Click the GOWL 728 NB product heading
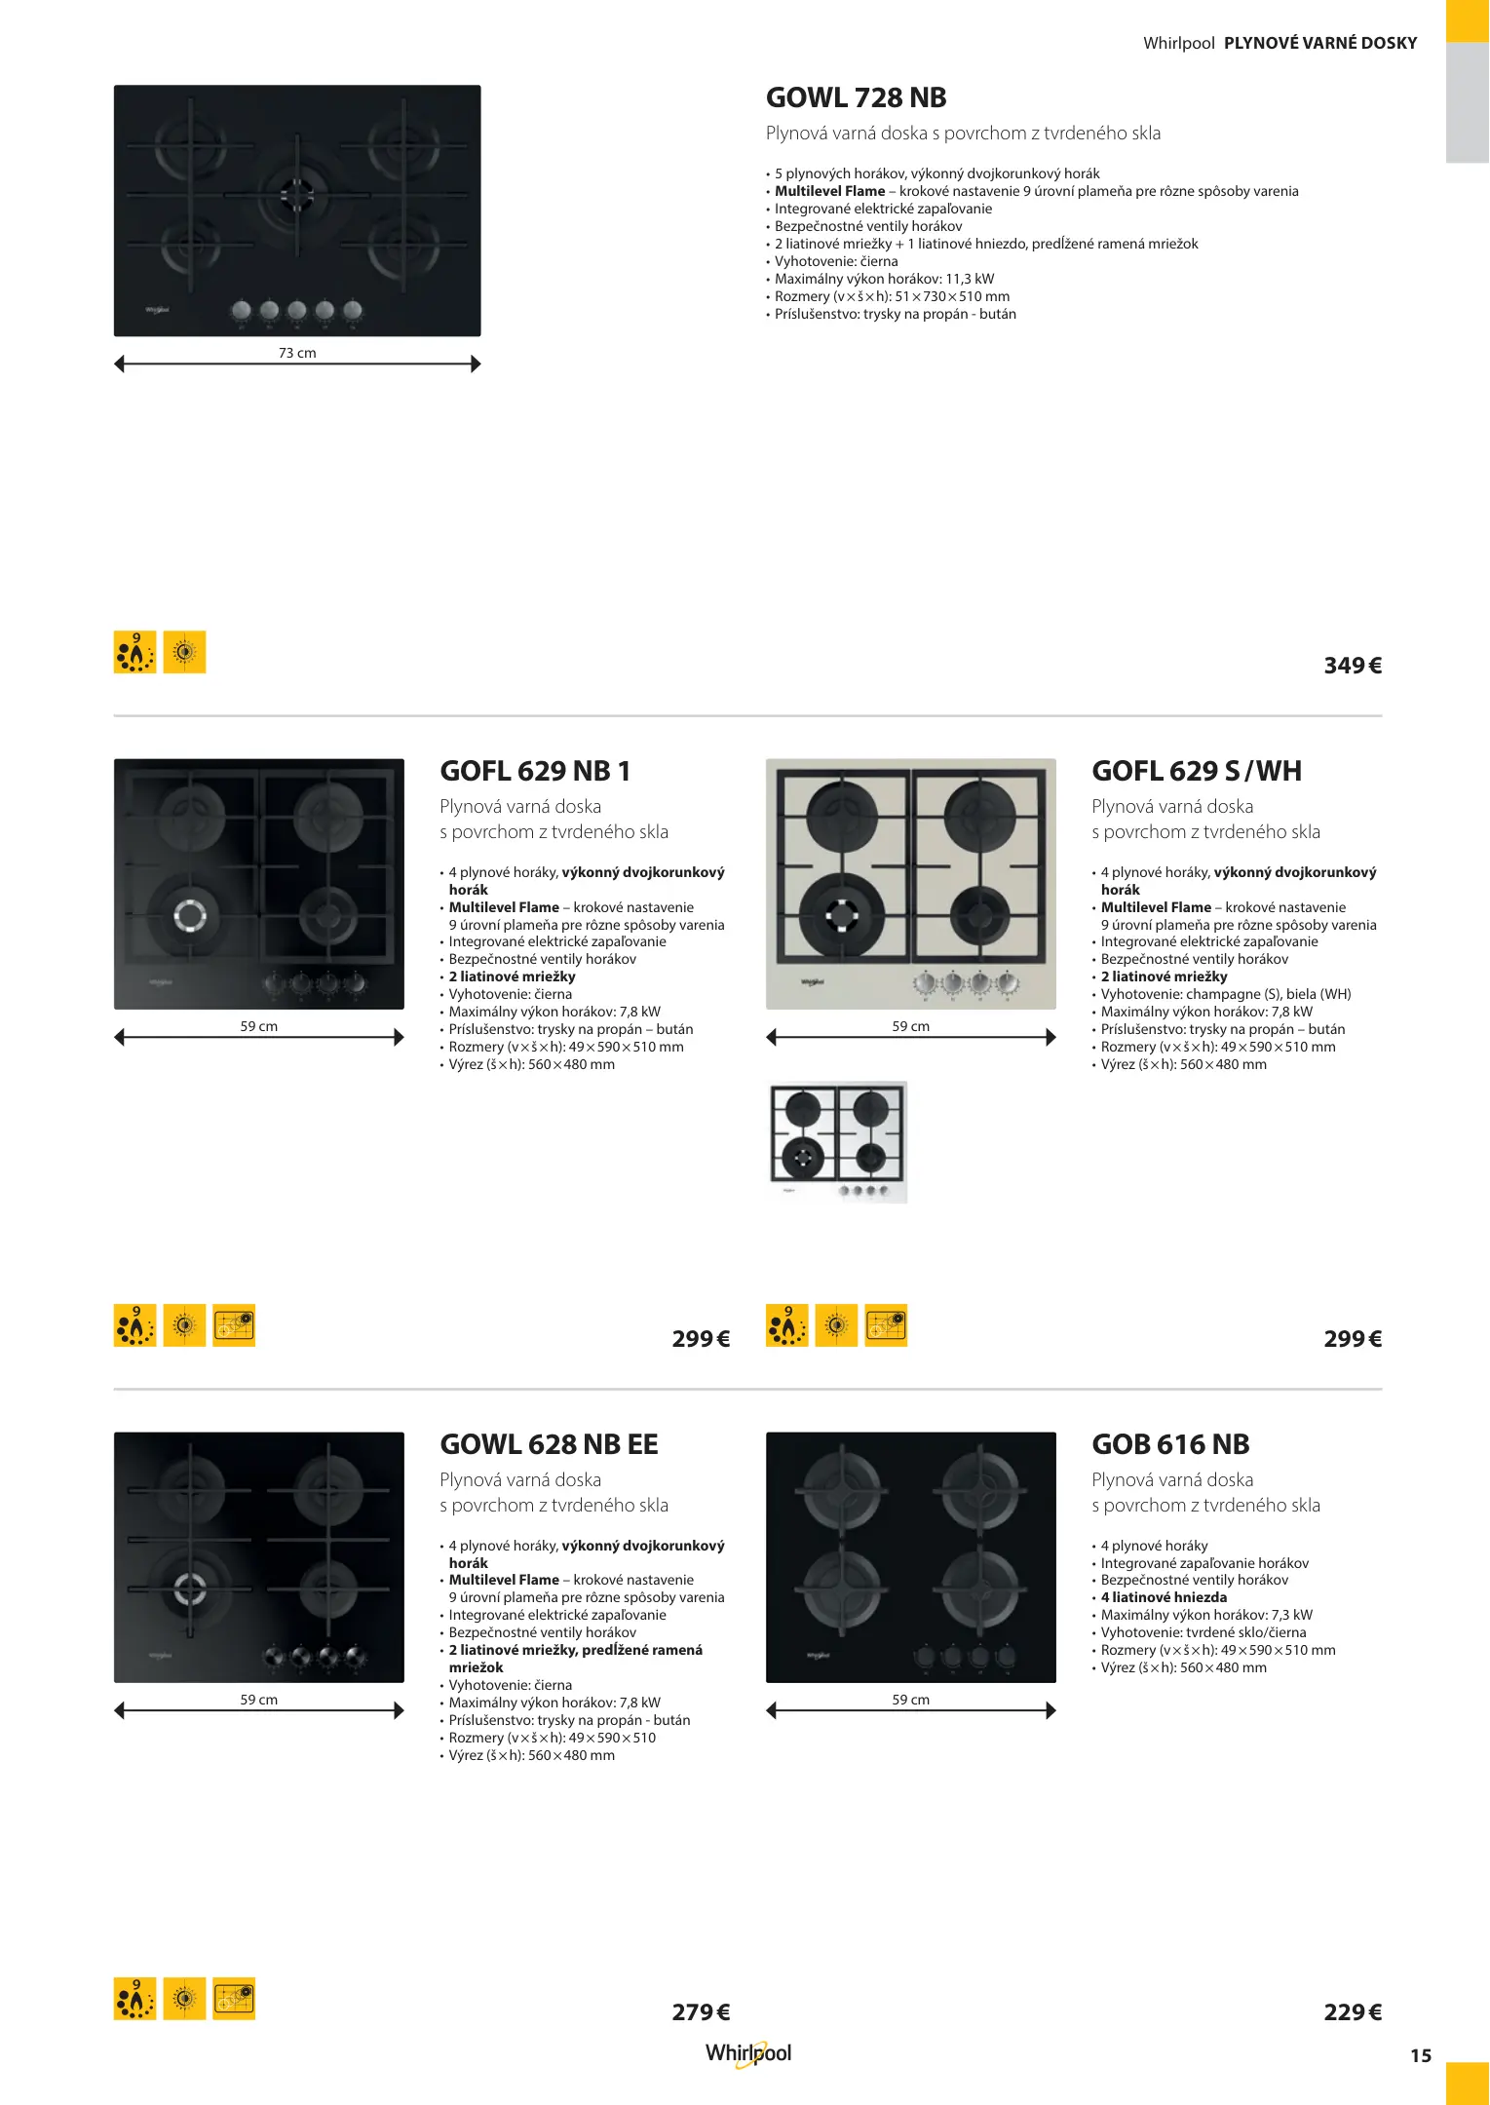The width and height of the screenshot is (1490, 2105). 856,97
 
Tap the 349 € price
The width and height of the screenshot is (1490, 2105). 1353,666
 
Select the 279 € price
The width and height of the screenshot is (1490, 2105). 701,2012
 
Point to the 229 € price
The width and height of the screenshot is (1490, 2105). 1353,2012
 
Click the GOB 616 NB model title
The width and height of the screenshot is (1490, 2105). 1170,1444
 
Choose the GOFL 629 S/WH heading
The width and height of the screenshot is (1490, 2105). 1197,771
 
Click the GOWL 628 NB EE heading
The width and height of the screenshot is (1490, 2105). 549,1444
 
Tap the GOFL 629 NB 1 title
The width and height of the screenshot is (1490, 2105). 535,771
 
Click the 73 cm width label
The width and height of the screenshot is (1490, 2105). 297,353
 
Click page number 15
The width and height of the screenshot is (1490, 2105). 1421,2055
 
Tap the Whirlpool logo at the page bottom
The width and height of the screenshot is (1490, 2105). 748,2053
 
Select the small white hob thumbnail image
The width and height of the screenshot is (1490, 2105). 837,1142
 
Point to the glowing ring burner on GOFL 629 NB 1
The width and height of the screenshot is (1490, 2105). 191,915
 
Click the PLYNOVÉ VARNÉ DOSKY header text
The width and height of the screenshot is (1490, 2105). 1320,43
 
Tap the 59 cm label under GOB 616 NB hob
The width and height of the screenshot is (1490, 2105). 911,1700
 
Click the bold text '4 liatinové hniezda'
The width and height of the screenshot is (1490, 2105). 1164,1597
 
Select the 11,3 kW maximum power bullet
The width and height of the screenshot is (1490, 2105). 884,279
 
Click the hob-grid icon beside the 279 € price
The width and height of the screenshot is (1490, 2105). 234,1998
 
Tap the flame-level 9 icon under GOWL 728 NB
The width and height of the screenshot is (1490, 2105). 135,652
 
